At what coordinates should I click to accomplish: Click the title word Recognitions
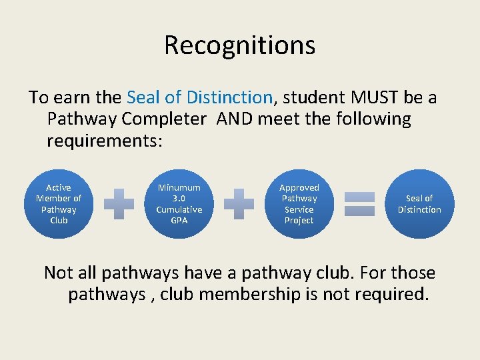coord(239,45)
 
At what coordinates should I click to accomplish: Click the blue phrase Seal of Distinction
coord(199,98)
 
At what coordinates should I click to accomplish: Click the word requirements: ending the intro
coord(105,142)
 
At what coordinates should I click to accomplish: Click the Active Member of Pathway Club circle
coord(59,204)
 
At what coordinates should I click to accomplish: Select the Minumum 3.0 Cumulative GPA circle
coord(179,204)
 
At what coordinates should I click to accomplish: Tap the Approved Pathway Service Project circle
coord(299,204)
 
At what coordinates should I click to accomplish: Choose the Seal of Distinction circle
coord(419,204)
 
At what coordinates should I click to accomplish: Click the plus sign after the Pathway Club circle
coord(119,204)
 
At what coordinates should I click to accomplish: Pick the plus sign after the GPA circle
coord(239,204)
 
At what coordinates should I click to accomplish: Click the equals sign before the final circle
coord(359,204)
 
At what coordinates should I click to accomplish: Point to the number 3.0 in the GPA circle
coord(179,199)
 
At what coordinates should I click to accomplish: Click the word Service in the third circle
coord(299,209)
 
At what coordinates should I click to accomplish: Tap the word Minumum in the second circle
coord(179,188)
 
